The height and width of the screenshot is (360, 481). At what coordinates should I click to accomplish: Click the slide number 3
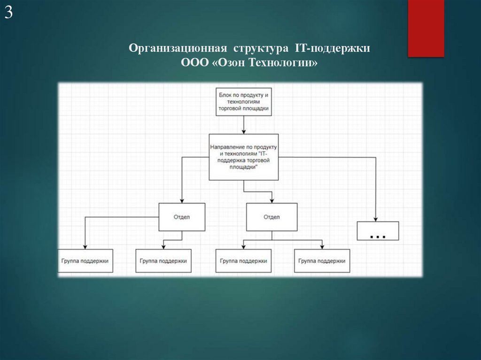8,13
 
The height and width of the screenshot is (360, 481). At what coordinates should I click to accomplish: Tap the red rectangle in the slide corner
426,28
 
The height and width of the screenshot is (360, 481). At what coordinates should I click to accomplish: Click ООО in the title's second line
195,62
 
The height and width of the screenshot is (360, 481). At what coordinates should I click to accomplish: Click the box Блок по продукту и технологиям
244,101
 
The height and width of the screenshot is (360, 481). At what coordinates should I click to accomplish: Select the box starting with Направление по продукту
244,157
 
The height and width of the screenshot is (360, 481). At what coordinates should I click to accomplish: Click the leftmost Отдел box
182,217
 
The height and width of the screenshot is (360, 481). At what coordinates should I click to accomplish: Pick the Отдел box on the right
272,217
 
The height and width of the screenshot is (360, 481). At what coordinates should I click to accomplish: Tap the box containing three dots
378,230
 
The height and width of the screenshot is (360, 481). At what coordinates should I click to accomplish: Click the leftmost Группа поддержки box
85,261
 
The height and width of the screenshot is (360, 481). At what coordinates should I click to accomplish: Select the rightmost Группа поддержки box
322,261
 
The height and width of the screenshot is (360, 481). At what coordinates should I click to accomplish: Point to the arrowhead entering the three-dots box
376,219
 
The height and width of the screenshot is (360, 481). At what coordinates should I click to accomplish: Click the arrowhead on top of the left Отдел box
182,200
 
